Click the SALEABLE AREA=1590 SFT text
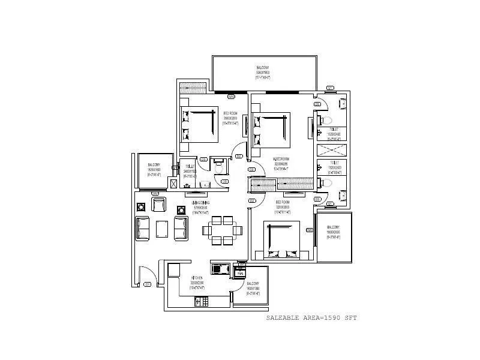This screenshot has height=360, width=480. coord(311,318)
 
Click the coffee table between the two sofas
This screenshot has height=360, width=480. coord(161,229)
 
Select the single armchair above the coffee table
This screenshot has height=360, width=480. coord(159,205)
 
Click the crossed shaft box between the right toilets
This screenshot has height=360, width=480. coord(332,151)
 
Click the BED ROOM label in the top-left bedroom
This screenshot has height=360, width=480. coord(231,117)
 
